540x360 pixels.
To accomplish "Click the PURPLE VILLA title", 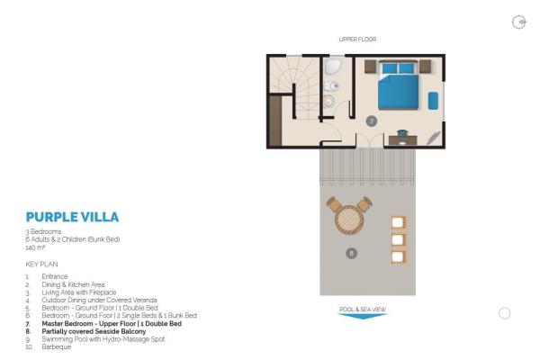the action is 72,217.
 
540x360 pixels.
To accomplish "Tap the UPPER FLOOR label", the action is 357,40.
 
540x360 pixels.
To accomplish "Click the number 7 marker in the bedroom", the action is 371,121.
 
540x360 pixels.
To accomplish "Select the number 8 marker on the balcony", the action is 351,253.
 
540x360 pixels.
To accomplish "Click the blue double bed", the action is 398,85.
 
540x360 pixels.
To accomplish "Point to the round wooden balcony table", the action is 349,219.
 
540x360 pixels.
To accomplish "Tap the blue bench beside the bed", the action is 433,101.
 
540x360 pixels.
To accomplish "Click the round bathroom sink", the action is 328,102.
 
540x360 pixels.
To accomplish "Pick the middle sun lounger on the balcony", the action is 398,239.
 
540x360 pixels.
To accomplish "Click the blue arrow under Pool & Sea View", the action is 363,316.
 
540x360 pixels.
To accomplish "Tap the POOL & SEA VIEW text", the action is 363,310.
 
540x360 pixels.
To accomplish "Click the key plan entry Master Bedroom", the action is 112,324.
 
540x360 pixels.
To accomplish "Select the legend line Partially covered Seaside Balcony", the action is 94,331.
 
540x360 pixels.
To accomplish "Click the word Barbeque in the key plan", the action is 56,346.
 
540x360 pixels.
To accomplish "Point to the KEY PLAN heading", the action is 41,265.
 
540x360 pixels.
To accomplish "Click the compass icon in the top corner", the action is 518,22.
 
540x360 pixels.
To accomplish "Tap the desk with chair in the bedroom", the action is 402,138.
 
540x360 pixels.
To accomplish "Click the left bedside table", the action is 370,67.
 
